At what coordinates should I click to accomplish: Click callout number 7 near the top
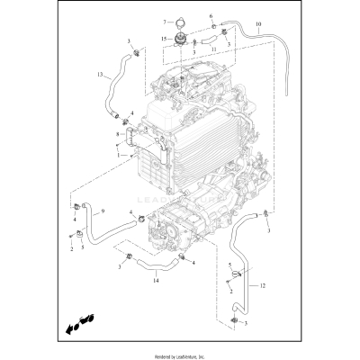165,21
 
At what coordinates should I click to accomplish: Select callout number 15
164,38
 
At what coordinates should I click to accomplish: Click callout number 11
213,49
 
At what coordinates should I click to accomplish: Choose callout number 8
118,136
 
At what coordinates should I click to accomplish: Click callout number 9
103,211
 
